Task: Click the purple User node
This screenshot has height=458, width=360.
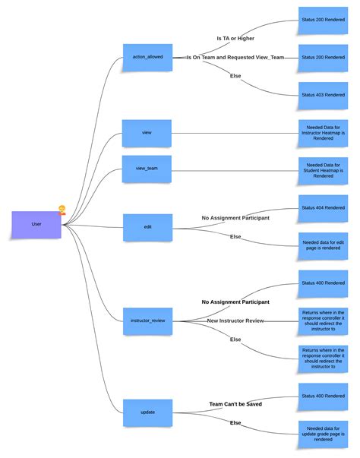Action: pos(36,224)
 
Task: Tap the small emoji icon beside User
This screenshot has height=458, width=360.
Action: pos(62,210)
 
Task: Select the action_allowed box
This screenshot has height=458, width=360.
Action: pos(147,57)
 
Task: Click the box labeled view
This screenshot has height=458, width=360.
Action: pos(147,132)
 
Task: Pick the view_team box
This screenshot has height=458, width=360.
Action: pos(147,169)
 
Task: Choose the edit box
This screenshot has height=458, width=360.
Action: pos(147,226)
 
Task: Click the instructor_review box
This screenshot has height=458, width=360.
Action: pos(147,321)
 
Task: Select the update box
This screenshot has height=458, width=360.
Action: pos(147,412)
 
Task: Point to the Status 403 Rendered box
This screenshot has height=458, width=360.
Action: pos(323,96)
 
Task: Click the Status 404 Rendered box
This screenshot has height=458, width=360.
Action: pos(323,208)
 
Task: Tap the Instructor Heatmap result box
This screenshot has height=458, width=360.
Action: pos(323,132)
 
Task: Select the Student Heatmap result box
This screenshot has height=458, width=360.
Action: pos(323,169)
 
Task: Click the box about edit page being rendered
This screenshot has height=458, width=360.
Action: pos(323,245)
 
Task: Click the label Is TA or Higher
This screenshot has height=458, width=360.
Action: pos(235,37)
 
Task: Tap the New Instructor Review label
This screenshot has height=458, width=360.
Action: pos(235,321)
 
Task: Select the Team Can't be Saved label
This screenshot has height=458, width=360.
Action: pos(235,404)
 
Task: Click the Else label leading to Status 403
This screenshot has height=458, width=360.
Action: pos(235,76)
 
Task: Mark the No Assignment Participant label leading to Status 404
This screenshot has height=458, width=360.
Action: pos(235,217)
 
